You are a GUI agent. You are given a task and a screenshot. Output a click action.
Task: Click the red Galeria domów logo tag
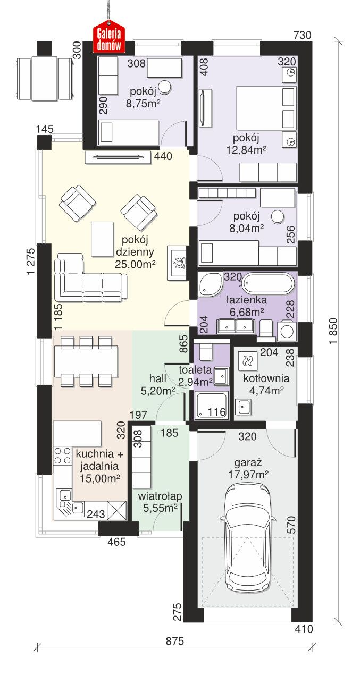[x=108, y=36]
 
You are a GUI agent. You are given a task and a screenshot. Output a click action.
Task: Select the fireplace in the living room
[x=177, y=262]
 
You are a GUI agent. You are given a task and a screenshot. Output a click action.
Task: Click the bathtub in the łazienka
[x=268, y=284]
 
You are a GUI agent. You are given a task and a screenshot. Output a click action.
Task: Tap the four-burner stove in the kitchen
[x=62, y=455]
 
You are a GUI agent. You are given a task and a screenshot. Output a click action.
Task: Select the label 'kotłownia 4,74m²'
[x=266, y=384]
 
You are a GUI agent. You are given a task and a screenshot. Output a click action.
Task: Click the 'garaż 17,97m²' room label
[x=248, y=469]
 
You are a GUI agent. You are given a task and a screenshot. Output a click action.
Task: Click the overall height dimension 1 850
[x=333, y=331]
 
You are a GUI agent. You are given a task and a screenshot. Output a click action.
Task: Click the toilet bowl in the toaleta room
[x=205, y=351]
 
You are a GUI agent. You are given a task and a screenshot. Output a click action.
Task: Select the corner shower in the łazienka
[x=210, y=284]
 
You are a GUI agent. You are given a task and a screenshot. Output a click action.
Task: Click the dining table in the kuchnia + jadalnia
[x=86, y=361]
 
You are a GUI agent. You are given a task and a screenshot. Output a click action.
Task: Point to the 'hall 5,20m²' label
[x=158, y=384]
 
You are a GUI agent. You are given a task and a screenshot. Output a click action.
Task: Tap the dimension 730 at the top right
[x=302, y=35]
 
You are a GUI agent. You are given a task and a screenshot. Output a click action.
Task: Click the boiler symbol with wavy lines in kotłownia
[x=247, y=361]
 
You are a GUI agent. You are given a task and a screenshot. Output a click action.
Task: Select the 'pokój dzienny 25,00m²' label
[x=135, y=252]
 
